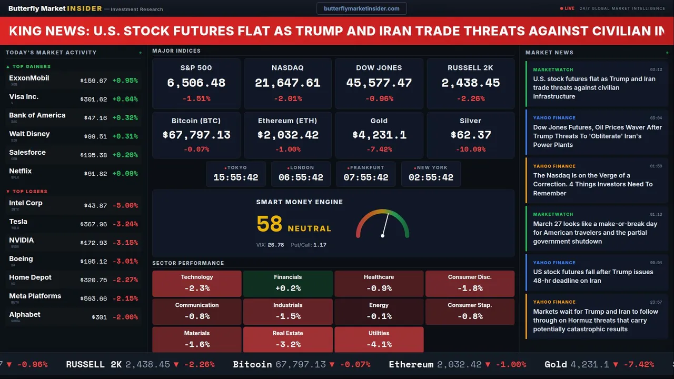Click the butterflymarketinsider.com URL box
click(361, 8)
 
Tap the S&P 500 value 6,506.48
click(196, 83)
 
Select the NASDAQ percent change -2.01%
click(288, 98)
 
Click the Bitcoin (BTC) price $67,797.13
click(196, 135)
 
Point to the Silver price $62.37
click(471, 135)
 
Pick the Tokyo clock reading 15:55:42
click(236, 177)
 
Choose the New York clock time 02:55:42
click(431, 177)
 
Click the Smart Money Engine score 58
click(270, 224)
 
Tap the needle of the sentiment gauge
click(385, 225)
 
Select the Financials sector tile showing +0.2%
click(288, 284)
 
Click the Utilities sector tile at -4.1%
click(379, 340)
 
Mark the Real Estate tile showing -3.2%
click(288, 340)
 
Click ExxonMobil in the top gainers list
click(29, 78)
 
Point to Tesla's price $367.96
click(94, 224)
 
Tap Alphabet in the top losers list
click(25, 314)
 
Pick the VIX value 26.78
click(276, 245)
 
